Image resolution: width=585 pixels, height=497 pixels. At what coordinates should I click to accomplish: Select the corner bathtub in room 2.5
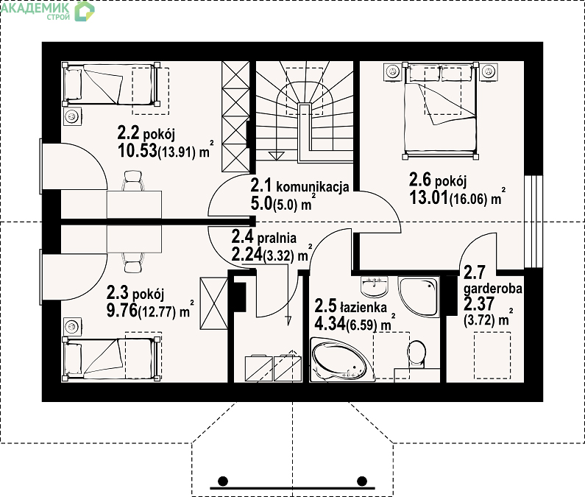341,360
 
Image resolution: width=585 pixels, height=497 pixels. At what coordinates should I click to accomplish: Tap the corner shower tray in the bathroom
419,297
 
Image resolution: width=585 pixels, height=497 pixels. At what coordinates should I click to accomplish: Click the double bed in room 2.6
440,110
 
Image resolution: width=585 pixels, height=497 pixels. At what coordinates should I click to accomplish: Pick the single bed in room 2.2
110,85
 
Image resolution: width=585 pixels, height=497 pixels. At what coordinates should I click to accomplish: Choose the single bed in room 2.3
111,359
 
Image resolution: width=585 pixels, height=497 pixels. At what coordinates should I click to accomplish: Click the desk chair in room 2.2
132,180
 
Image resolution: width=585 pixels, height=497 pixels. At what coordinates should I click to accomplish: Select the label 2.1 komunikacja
299,186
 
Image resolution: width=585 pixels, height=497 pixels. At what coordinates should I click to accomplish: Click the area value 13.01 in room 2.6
429,197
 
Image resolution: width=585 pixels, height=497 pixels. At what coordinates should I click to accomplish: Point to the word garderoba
492,289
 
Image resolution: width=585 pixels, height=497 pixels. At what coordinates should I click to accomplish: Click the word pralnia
277,238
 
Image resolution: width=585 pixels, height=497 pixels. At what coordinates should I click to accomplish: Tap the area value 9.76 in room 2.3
122,311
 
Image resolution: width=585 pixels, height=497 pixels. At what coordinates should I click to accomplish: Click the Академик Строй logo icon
85,11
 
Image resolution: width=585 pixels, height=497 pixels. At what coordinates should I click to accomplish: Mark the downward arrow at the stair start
277,155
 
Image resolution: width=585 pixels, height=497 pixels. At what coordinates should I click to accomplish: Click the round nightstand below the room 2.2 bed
71,117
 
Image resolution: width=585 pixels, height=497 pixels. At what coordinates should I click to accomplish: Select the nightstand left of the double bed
392,71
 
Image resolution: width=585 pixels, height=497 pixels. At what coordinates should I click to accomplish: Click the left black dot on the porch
223,481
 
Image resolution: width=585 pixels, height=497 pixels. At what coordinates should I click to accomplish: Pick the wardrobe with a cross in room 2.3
214,303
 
